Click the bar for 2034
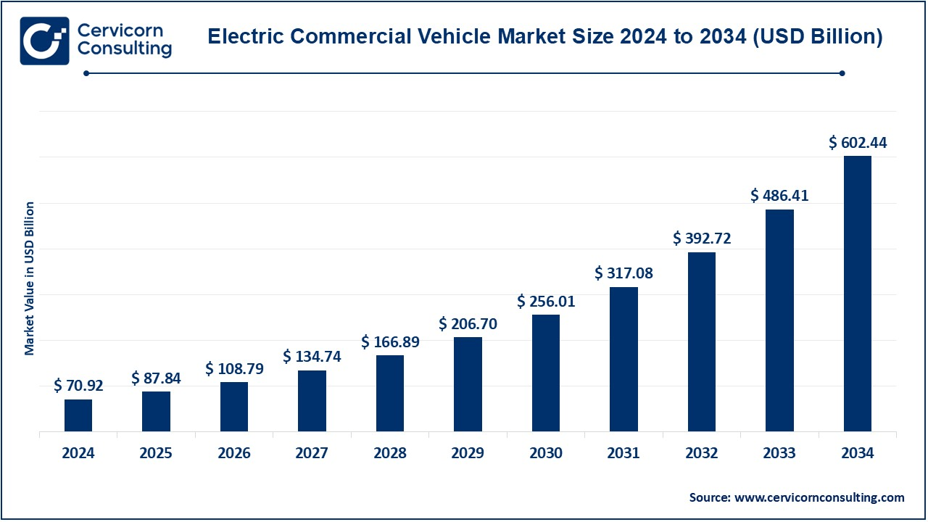point(858,294)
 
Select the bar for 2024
point(78,415)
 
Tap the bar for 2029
point(468,384)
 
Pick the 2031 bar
point(623,359)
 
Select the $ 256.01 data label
point(546,302)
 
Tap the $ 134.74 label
point(312,357)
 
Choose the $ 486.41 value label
point(779,196)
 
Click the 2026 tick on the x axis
point(234,454)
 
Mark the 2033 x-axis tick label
point(779,454)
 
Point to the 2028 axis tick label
point(390,454)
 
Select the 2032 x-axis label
point(702,454)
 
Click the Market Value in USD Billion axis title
point(30,279)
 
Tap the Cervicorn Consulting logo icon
point(44,41)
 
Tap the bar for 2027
point(312,401)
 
